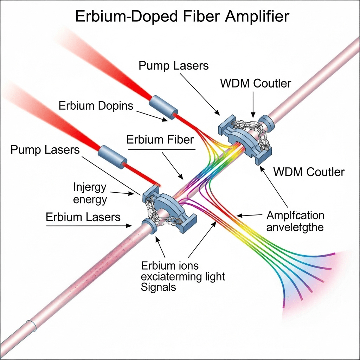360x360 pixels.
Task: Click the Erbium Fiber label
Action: click(x=160, y=140)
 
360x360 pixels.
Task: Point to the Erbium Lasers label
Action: click(x=83, y=217)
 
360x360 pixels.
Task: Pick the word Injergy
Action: click(x=89, y=187)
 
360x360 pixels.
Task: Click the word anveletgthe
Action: click(x=295, y=227)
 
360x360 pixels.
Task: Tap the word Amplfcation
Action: click(x=296, y=215)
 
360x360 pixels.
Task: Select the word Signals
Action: click(x=158, y=287)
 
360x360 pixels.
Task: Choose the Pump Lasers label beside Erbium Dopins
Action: click(x=174, y=65)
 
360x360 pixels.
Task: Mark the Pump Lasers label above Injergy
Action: click(x=45, y=150)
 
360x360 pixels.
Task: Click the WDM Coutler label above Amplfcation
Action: click(x=309, y=172)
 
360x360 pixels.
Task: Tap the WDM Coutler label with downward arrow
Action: click(x=256, y=84)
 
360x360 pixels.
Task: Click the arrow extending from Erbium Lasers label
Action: click(x=88, y=225)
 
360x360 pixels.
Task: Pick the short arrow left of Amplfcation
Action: click(x=250, y=214)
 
